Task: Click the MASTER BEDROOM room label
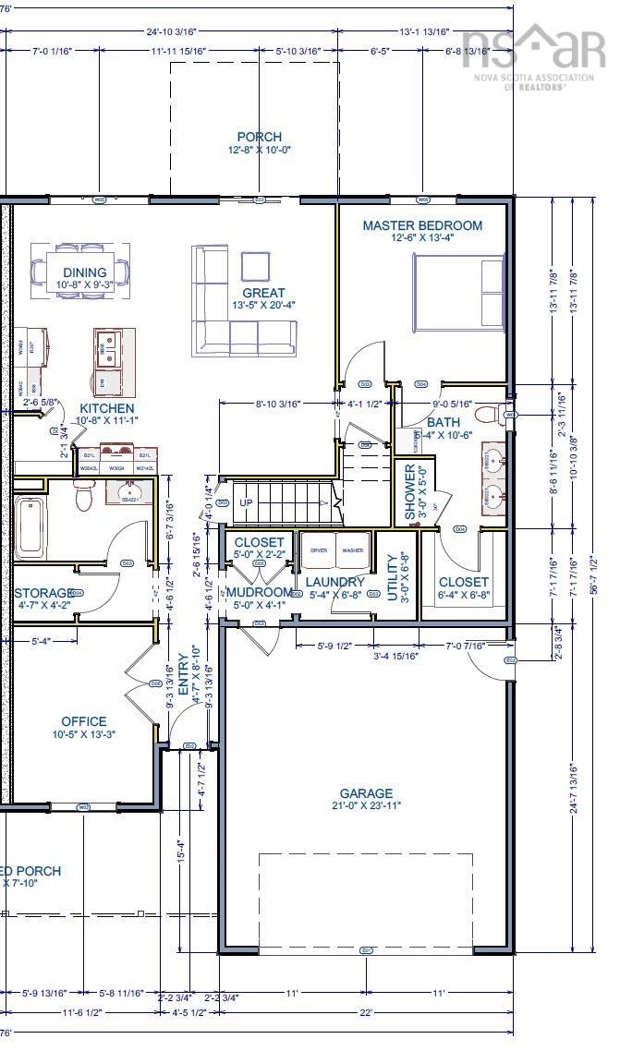[x=422, y=225]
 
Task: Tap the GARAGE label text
[x=366, y=793]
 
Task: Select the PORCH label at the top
[x=259, y=137]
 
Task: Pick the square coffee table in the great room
[x=257, y=267]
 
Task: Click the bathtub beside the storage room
[x=30, y=527]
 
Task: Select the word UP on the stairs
[x=246, y=503]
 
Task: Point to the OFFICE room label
[x=84, y=721]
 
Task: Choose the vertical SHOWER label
[x=410, y=492]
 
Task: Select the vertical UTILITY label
[x=393, y=577]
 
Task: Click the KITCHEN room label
[x=106, y=408]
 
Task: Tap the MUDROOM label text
[x=260, y=592]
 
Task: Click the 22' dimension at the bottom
[x=366, y=1012]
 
